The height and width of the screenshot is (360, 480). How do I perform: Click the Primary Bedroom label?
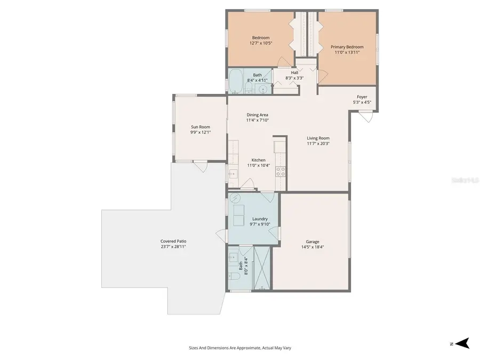347,47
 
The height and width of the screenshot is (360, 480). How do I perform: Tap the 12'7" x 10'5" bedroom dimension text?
261,43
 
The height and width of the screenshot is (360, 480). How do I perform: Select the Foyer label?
362,97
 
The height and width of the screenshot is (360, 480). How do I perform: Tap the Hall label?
294,73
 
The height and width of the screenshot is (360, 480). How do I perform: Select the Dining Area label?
257,115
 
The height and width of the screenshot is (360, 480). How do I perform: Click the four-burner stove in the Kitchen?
280,172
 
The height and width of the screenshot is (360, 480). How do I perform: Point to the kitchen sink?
233,173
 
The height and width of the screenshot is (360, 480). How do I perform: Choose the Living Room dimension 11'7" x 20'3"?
318,143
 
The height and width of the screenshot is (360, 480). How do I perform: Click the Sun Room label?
201,127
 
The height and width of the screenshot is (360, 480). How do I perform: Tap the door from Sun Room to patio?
200,166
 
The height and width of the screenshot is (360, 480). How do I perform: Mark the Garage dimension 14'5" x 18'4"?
313,247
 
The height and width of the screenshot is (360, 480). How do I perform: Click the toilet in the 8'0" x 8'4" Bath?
234,277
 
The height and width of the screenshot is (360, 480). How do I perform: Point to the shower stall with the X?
262,268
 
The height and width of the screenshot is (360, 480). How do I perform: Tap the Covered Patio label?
173,241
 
